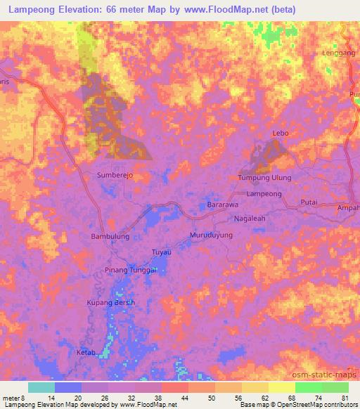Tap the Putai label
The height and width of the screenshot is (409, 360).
point(309,202)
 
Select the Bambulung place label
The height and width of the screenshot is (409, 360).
point(110,237)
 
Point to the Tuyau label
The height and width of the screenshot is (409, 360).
point(162,252)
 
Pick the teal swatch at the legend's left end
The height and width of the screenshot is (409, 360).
point(41,387)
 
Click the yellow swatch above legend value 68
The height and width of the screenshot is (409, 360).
point(281,387)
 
